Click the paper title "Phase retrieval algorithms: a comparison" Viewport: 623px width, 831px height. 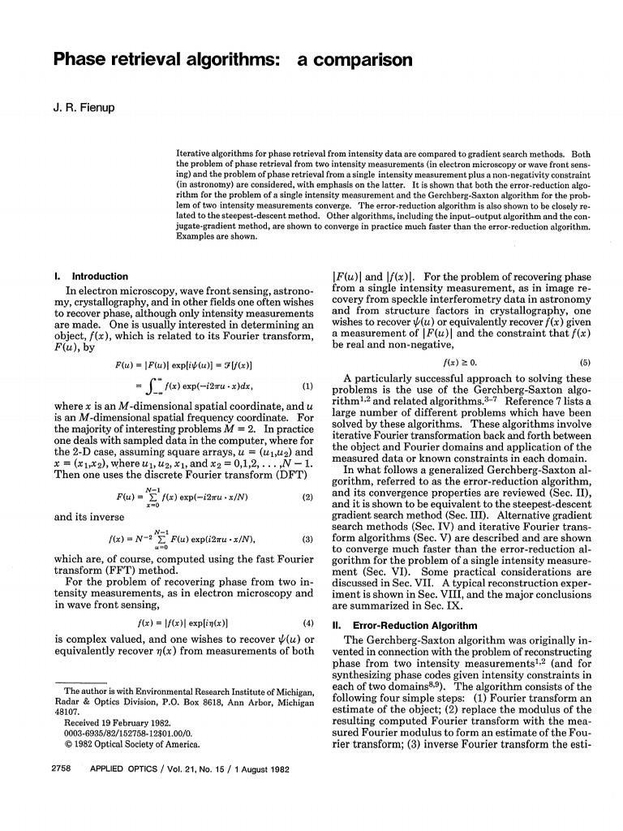[x=233, y=60]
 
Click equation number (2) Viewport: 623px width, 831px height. [x=307, y=497]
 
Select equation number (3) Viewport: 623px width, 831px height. [x=307, y=539]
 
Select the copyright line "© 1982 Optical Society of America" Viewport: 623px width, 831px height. [x=132, y=743]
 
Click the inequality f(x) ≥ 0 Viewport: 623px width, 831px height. [x=461, y=364]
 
